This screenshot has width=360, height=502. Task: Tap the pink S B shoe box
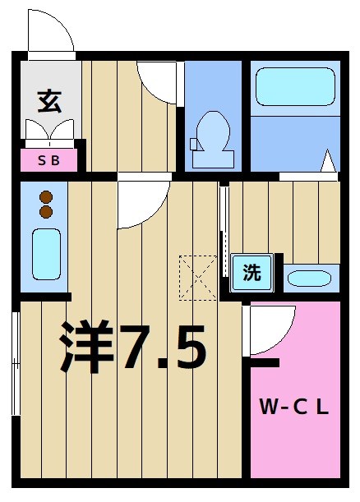(48, 160)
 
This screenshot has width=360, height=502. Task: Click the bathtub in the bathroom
(294, 90)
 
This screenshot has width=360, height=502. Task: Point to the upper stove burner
(46, 197)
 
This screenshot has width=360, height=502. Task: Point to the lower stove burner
(46, 212)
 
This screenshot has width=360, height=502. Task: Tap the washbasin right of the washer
(310, 278)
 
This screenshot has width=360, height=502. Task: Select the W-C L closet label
(294, 406)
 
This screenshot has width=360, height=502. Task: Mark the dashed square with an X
(197, 277)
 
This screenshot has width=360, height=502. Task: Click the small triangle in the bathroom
(329, 162)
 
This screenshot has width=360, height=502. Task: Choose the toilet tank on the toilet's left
(195, 144)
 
